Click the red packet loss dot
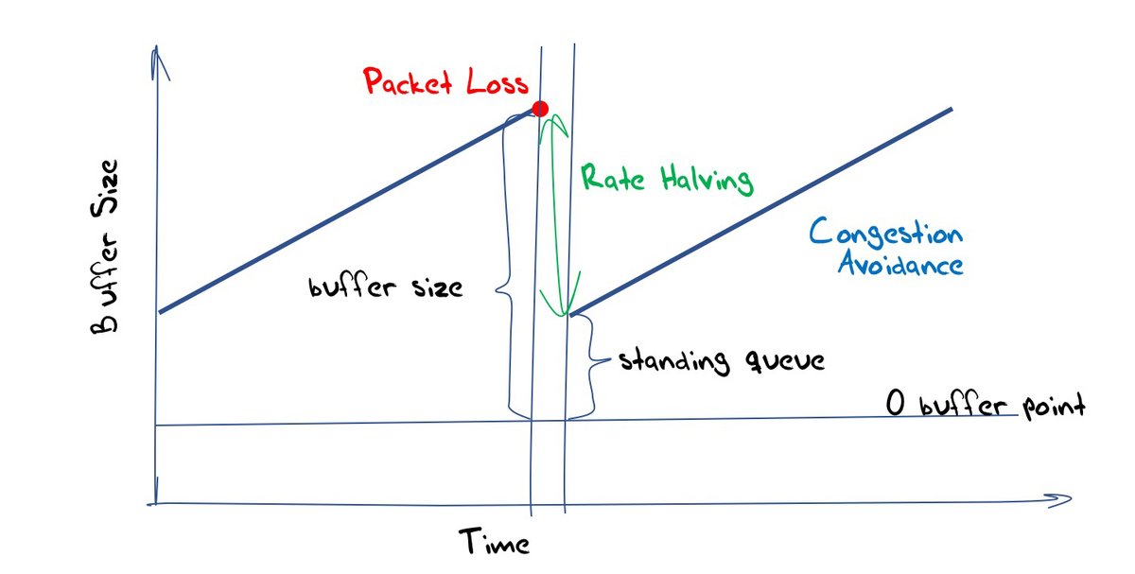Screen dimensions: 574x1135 (540, 109)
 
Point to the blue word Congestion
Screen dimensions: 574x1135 (886, 233)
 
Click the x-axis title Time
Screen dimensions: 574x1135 (495, 542)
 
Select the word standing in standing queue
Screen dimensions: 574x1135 (674, 362)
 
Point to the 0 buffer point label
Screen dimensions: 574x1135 (984, 406)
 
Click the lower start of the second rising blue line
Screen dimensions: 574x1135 (571, 315)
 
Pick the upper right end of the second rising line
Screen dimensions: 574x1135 (950, 110)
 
